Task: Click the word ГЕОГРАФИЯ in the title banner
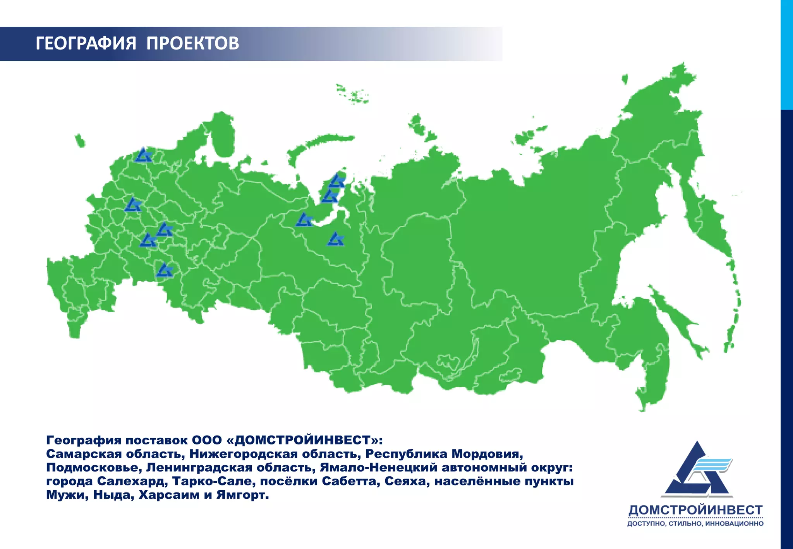click(x=86, y=43)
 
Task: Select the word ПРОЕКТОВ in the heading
click(x=192, y=43)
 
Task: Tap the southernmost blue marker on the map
click(x=164, y=270)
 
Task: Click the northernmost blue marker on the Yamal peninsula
click(x=336, y=181)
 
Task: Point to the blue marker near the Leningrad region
click(x=143, y=155)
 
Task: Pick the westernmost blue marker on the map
click(x=133, y=205)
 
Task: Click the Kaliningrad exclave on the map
click(x=80, y=141)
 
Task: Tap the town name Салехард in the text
click(x=132, y=481)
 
